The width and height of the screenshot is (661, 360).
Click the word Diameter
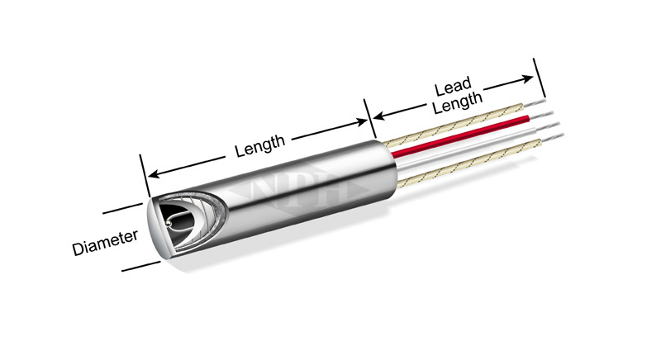pos(105,243)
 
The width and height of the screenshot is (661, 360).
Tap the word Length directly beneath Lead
pos(458,102)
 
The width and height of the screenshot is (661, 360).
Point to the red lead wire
pos(460,135)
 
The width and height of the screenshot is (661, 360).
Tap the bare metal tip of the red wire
pos(541,115)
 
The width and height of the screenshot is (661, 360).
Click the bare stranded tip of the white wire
pos(547,126)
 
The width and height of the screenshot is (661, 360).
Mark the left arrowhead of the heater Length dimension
pos(153,173)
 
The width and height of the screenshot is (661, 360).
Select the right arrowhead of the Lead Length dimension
pos(527,78)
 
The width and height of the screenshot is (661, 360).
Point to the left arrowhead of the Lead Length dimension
pos(379,116)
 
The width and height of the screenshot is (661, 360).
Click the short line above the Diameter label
pos(122,208)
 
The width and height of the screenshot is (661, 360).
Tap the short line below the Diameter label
pos(140,267)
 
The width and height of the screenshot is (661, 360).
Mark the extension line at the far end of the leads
pos(540,78)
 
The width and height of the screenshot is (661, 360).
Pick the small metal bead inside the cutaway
pos(169,222)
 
